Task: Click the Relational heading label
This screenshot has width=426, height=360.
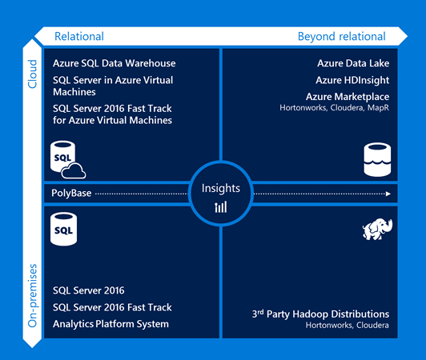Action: [x=79, y=36]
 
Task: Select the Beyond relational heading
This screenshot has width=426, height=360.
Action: [x=341, y=37]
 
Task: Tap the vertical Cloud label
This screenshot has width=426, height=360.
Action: [x=32, y=74]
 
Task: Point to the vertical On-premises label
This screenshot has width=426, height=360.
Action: [x=32, y=295]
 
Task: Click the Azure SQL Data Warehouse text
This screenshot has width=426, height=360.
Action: [x=114, y=63]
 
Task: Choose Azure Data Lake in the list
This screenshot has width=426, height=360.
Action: [x=353, y=63]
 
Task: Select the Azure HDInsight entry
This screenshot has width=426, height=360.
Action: [x=352, y=80]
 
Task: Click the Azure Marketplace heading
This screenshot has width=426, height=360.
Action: [x=348, y=97]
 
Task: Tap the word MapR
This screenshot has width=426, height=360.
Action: [x=378, y=108]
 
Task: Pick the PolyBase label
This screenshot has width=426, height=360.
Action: [x=71, y=193]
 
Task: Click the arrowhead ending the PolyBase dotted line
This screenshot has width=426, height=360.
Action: [x=388, y=194]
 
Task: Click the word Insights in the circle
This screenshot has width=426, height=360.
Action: [x=221, y=189]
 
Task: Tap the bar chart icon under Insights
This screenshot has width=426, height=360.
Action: [x=221, y=207]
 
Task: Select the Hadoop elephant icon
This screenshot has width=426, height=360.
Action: [x=377, y=230]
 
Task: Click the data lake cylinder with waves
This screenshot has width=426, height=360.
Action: [x=377, y=160]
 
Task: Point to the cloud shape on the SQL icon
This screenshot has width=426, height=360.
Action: [x=74, y=171]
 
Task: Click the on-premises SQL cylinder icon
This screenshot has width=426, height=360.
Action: [x=63, y=229]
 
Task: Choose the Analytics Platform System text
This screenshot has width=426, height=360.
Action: [x=111, y=324]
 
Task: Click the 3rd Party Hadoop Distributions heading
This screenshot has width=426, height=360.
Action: [x=320, y=314]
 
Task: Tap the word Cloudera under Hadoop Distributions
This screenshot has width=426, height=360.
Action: [x=372, y=326]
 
